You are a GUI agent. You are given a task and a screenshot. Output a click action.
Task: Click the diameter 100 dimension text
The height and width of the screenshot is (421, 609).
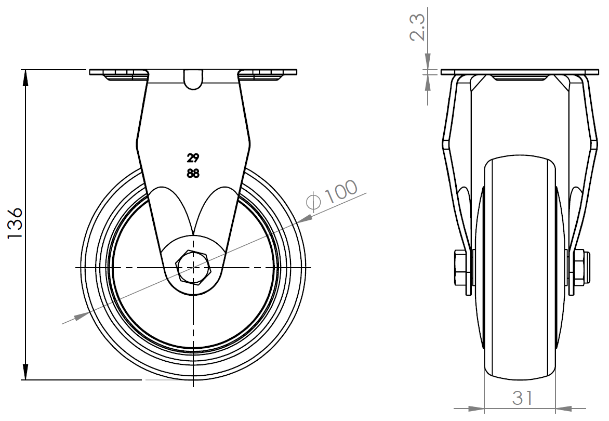tap(332, 195)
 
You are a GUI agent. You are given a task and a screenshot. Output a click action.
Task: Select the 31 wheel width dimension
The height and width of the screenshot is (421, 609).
tap(522, 398)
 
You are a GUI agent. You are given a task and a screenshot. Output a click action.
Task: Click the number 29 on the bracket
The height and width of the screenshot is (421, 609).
tap(193, 158)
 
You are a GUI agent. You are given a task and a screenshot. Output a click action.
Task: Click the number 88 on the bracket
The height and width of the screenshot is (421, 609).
tap(193, 174)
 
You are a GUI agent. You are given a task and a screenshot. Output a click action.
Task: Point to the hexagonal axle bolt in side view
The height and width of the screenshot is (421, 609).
tap(193, 268)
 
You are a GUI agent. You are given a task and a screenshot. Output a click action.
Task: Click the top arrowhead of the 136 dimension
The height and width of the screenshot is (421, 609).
tap(26, 77)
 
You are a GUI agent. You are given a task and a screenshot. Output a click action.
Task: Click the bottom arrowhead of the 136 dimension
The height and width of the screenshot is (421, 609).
tap(26, 372)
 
